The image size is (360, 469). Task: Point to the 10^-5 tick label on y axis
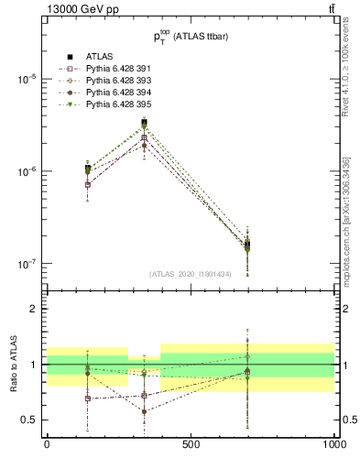pyautogui.click(x=25, y=79)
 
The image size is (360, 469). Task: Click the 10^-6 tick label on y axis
pyautogui.click(x=25, y=171)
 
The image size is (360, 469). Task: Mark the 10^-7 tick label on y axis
pyautogui.click(x=25, y=264)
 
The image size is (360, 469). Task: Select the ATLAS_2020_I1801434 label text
pyautogui.click(x=191, y=273)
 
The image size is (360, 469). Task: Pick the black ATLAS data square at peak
pyautogui.click(x=144, y=123)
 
